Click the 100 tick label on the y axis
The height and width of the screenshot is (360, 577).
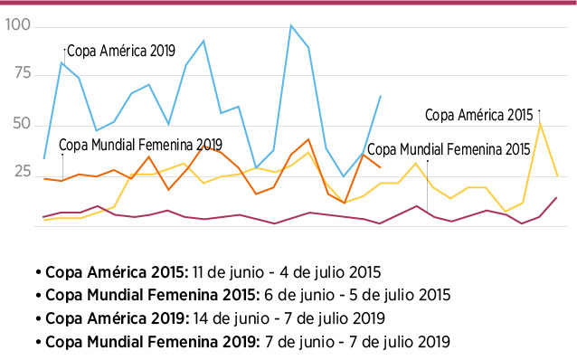coord(18,24)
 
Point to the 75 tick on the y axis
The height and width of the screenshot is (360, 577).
coord(23,73)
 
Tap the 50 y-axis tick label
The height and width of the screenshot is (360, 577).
coord(22,124)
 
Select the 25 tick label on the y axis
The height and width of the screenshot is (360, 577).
coord(22,172)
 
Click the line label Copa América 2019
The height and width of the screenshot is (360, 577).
coord(121,51)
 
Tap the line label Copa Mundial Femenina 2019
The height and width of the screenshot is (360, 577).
coord(140,145)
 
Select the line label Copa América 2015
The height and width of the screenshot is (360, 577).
coord(478,115)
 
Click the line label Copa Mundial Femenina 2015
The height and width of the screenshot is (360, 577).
coord(449,149)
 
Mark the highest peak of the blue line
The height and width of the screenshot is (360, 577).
coord(290,25)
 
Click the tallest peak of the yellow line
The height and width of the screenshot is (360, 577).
coord(540,123)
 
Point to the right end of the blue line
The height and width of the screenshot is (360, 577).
coord(381,96)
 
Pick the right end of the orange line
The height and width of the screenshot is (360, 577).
coord(381,167)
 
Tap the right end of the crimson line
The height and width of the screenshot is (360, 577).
coord(557,198)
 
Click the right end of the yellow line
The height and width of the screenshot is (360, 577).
coord(558,176)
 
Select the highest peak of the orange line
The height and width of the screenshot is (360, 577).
coord(308,139)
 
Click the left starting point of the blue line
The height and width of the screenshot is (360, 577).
coord(44,158)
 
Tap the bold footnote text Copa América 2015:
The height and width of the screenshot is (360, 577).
coord(117,272)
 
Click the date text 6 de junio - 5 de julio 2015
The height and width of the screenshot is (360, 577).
coord(357,295)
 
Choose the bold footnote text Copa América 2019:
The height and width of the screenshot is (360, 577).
coord(117,318)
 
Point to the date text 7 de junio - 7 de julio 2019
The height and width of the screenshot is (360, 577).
coord(357,342)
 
